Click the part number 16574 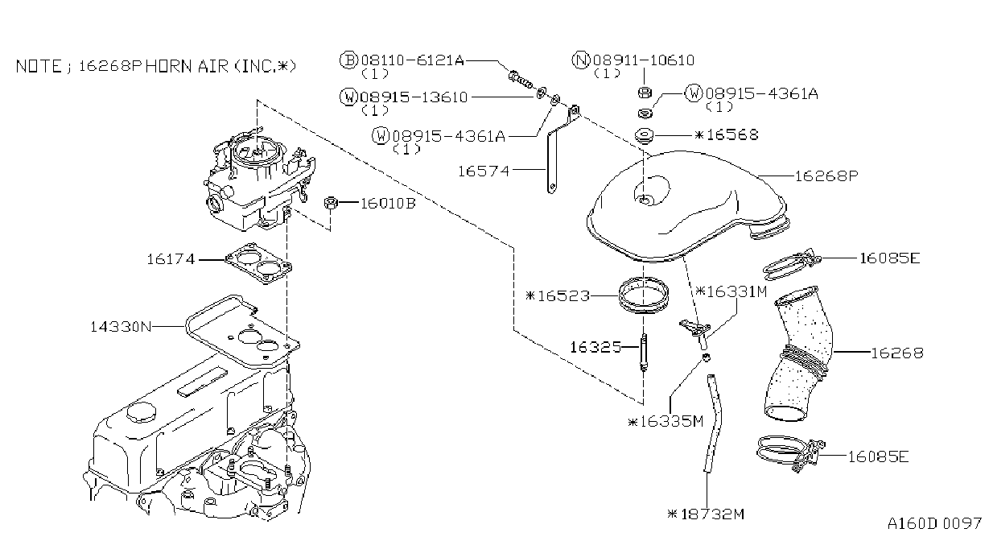[x=484, y=171]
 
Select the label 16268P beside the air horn [x=826, y=176]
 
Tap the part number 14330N [x=121, y=327]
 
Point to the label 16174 [x=171, y=258]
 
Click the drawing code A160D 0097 [x=934, y=524]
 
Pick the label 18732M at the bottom [x=713, y=514]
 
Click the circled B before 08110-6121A [x=348, y=60]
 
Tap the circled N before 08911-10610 [x=580, y=60]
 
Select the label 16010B [x=388, y=203]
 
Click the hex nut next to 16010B [x=331, y=203]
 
